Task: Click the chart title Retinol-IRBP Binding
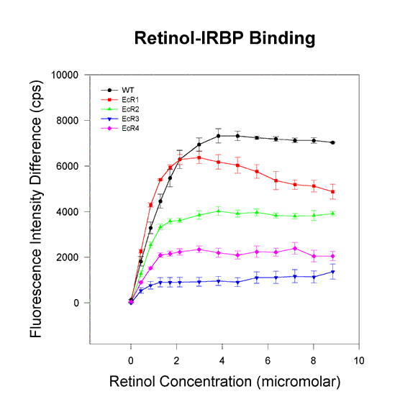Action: pyautogui.click(x=224, y=39)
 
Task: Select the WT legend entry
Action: pyautogui.click(x=117, y=90)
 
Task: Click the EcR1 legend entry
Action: pyautogui.click(x=119, y=100)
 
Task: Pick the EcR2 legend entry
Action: pyautogui.click(x=119, y=109)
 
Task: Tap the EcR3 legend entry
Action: pyautogui.click(x=119, y=119)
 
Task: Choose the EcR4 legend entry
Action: pyautogui.click(x=119, y=129)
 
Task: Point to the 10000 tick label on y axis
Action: pyautogui.click(x=65, y=75)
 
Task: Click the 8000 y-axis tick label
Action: pyautogui.click(x=68, y=121)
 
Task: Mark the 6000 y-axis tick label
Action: pyautogui.click(x=68, y=166)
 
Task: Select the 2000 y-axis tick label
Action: pyautogui.click(x=68, y=257)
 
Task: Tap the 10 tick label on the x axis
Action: pyautogui.click(x=359, y=361)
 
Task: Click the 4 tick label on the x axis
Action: pyautogui.click(x=222, y=361)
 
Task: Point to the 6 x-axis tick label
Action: pyautogui.click(x=268, y=361)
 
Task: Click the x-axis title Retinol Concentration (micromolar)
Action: pyautogui.click(x=225, y=382)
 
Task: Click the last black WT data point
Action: pyautogui.click(x=332, y=142)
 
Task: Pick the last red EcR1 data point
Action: pyautogui.click(x=332, y=192)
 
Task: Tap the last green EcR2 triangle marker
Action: pyautogui.click(x=332, y=214)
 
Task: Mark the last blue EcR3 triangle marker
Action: pyautogui.click(x=332, y=272)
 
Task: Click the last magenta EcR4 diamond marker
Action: pyautogui.click(x=332, y=257)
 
